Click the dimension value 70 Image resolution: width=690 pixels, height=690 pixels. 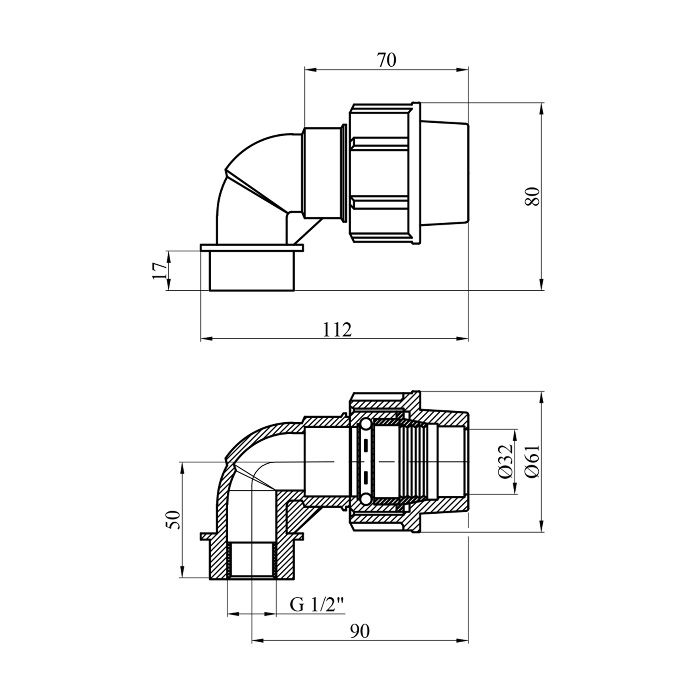pos(386,60)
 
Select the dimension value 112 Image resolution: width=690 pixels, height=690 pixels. pos(337,330)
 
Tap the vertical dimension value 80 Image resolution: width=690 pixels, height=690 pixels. pos(533,196)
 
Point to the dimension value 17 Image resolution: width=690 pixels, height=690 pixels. pos(159,270)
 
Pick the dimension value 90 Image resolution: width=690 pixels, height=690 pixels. pos(360,631)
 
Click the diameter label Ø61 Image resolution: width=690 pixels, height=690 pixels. pos(533,461)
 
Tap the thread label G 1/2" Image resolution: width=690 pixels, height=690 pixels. pos(317,604)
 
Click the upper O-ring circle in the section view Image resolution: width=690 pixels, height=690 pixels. pos(365,424)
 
